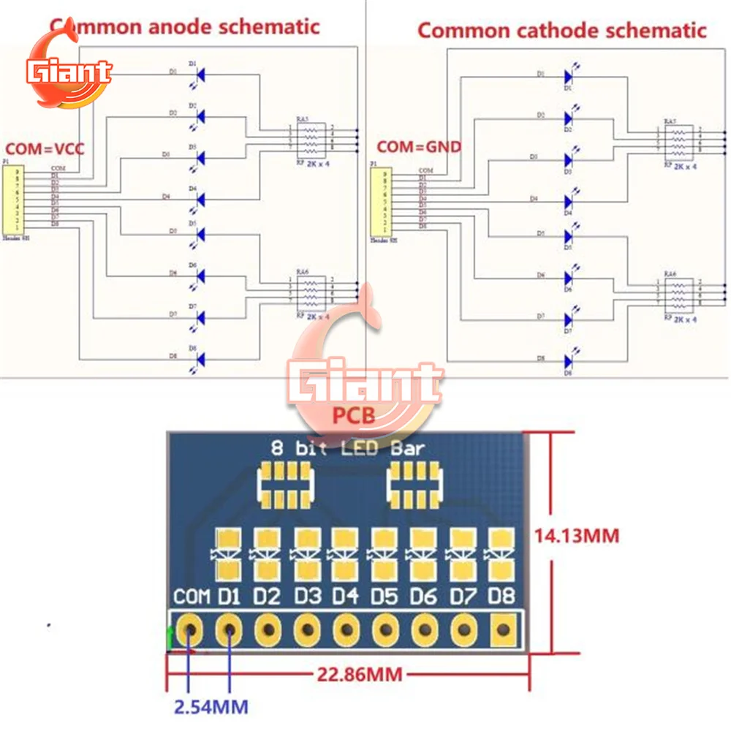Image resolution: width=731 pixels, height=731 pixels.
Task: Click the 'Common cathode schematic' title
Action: (561, 31)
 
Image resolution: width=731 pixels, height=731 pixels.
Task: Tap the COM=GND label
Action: (419, 147)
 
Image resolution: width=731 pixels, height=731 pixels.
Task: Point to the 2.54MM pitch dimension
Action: (210, 707)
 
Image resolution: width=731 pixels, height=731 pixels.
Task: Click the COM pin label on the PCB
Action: (192, 596)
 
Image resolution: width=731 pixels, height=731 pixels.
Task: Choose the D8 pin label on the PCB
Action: (502, 596)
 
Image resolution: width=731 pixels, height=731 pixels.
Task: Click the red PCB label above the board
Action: (354, 416)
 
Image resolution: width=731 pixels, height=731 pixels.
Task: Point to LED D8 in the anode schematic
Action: (200, 358)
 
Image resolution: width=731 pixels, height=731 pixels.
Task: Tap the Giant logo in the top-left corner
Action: (67, 73)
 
